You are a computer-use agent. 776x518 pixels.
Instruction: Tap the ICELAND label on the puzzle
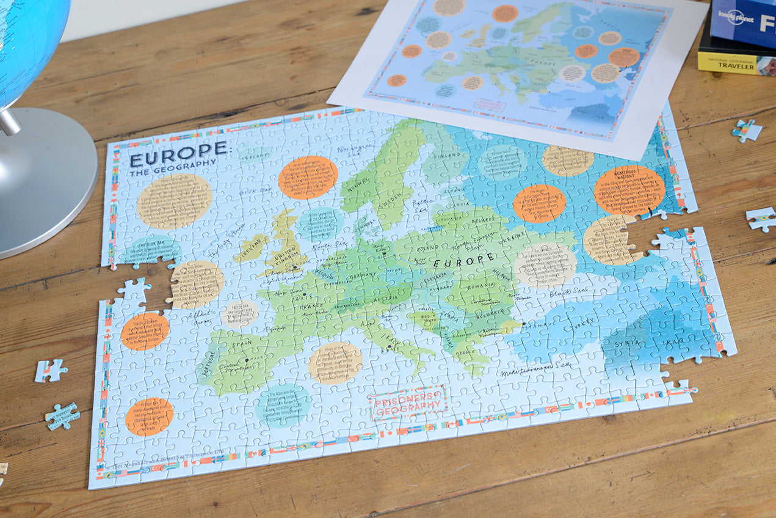point(254,156)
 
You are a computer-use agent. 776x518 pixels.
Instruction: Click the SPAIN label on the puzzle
point(242,346)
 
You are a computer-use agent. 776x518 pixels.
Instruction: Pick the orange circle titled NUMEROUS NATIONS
point(629,190)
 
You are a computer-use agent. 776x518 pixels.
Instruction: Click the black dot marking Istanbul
point(523,324)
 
